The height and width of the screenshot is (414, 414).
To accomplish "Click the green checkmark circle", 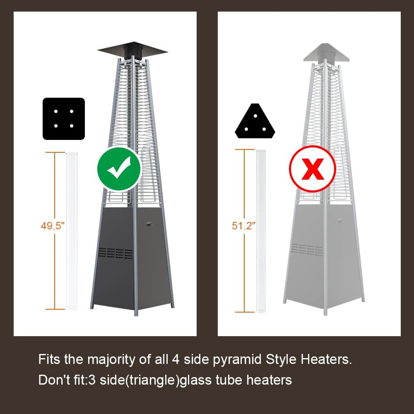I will coord(119,168).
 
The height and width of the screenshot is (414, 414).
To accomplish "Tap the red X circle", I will coord(312,168).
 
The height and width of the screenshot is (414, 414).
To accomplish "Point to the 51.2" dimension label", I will coord(244,226).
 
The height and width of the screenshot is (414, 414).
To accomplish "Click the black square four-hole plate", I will coord(64,118).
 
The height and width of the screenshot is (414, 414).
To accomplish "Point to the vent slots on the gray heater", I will coord(307,249).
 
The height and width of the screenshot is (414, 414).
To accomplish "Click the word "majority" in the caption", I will coord(113,359).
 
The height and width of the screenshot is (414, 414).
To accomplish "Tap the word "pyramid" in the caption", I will coord(233,360).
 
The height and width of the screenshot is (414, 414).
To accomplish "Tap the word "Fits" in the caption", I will coord(49,359).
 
